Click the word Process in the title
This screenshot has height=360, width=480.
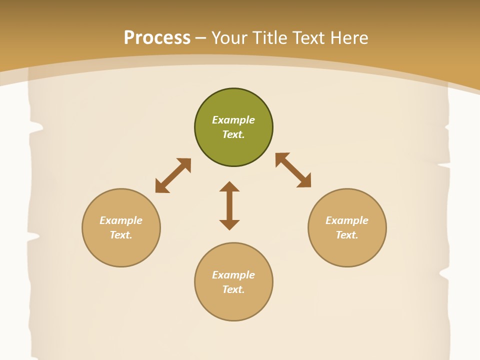(157, 38)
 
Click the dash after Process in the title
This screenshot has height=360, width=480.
(200, 38)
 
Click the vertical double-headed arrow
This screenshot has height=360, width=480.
(229, 206)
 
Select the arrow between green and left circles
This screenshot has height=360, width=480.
(173, 175)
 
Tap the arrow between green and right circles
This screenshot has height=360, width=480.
(293, 170)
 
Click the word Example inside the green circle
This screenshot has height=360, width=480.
(233, 120)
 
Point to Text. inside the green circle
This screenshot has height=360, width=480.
(233, 134)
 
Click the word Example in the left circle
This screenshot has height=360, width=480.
(121, 220)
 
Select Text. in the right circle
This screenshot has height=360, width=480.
(347, 235)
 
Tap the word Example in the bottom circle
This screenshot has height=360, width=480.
(233, 275)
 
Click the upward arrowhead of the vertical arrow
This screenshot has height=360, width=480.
(229, 187)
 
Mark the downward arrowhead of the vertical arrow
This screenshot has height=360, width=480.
(229, 224)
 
